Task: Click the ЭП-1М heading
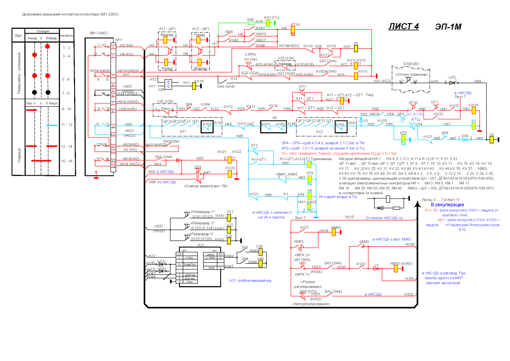tap(448, 26)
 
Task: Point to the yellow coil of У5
tap(356, 47)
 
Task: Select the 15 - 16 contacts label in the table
tap(67, 161)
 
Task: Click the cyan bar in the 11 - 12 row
tap(52, 125)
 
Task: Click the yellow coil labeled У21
tap(229, 217)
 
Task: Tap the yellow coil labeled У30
tap(260, 262)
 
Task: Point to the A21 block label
tap(200, 245)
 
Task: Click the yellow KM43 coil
tap(336, 232)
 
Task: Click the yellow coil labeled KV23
tap(230, 173)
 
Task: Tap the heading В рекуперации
tap(446, 205)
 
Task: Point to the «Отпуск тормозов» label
tap(408, 75)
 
